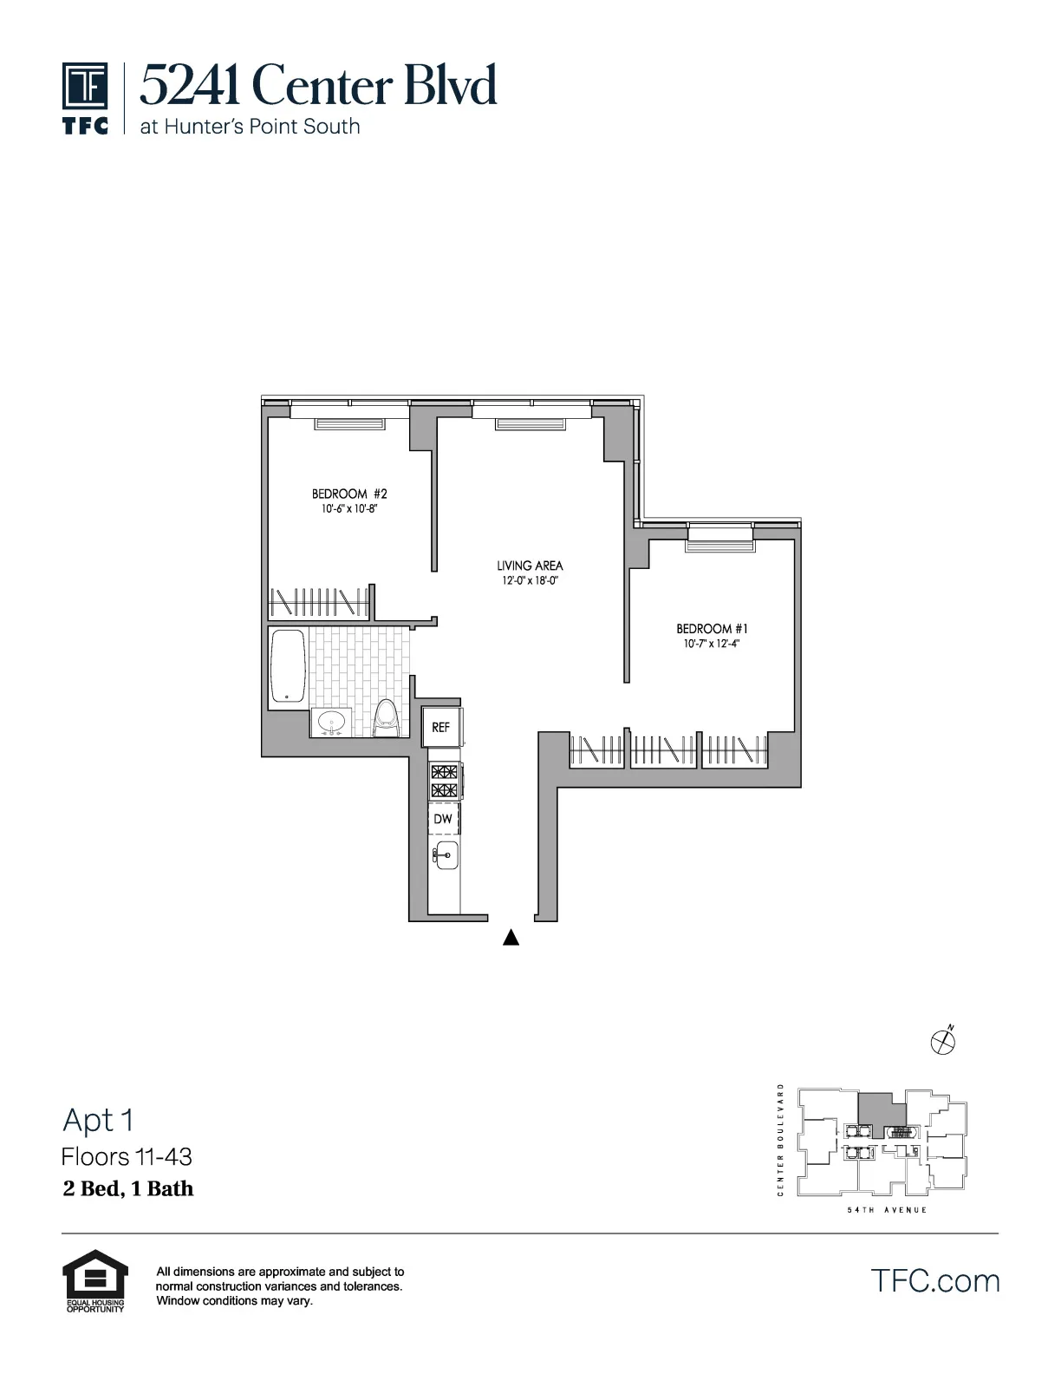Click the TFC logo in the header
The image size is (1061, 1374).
pos(85,97)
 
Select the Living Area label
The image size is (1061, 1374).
pos(530,566)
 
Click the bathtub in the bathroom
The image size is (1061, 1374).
pos(288,665)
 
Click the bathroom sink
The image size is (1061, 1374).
pos(331,722)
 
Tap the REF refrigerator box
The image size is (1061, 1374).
pos(441,727)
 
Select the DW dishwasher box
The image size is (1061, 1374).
pos(443,819)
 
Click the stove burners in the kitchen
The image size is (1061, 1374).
pos(444,781)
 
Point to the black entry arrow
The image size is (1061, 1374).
pos(511,937)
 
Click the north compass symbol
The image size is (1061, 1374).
pos(942,1040)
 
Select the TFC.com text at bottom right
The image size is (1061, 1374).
pos(934,1280)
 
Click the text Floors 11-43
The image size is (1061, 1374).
pos(127,1156)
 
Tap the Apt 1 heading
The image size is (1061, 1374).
pos(98,1120)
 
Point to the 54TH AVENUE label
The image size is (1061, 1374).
pos(887,1209)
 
